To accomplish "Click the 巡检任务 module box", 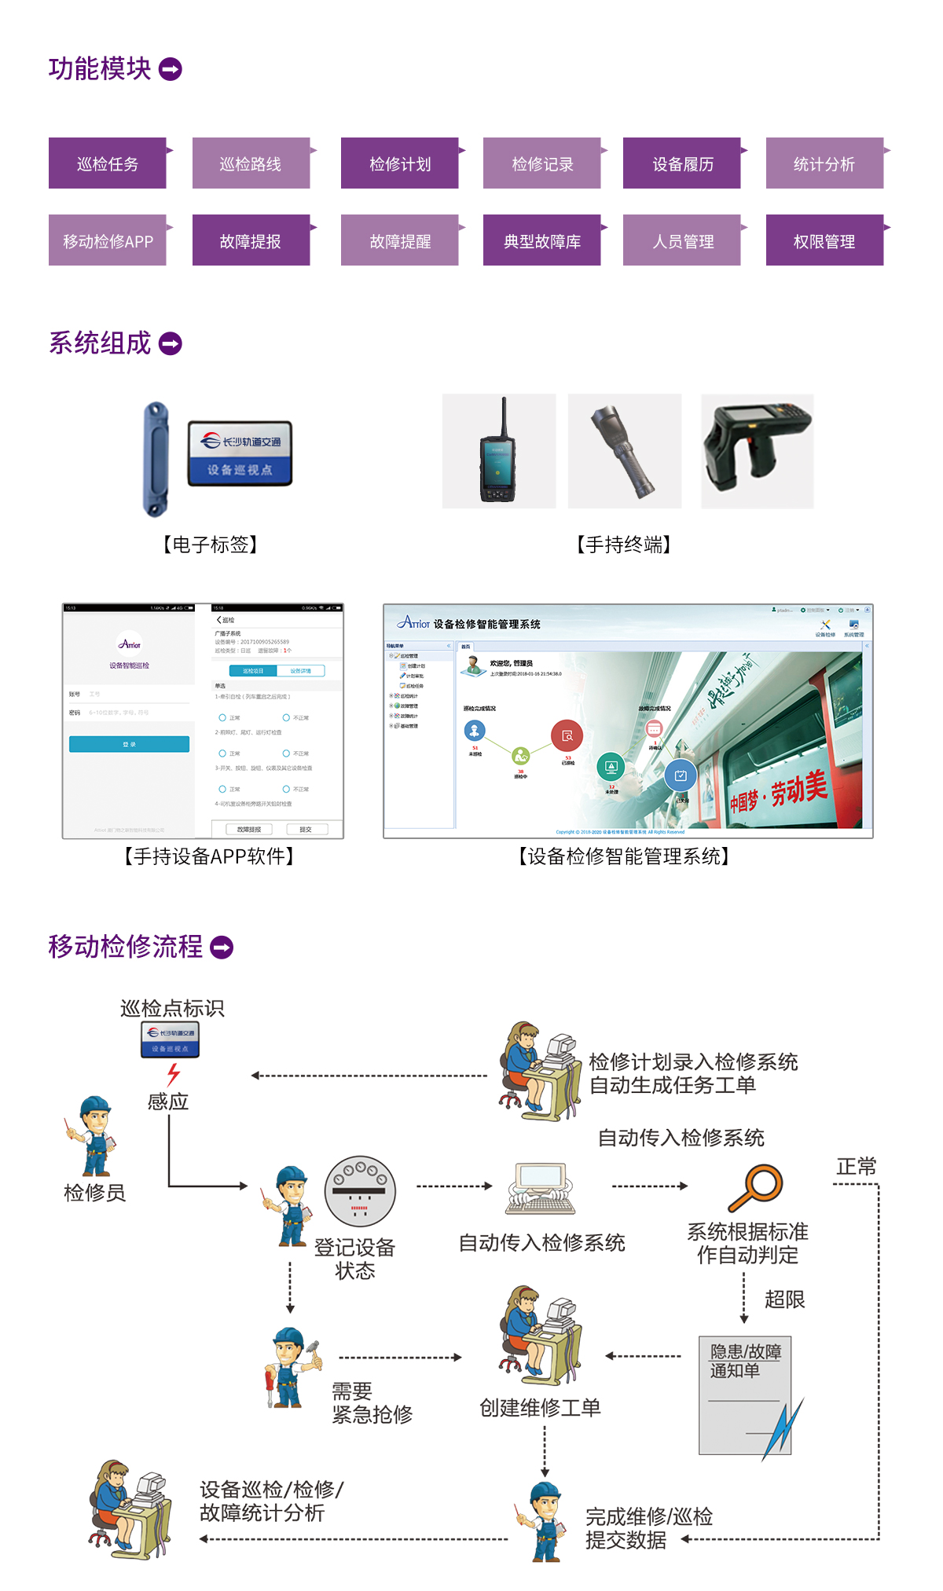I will (x=108, y=163).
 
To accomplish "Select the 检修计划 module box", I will (x=400, y=163).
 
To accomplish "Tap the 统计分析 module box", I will (x=824, y=163).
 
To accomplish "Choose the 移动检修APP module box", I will (x=108, y=240).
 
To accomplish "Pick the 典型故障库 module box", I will (x=542, y=240).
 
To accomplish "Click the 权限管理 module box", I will (x=824, y=240).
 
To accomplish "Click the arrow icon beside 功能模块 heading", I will (x=171, y=69).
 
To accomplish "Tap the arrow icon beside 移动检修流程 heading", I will (x=222, y=948).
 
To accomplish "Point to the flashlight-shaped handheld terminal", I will (x=625, y=451).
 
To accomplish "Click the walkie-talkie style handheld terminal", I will (x=499, y=451).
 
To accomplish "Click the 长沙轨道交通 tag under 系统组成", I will (x=240, y=453).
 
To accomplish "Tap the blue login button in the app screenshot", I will (x=129, y=744).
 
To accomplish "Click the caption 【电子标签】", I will (x=210, y=544).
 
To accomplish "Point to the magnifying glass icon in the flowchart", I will (x=756, y=1187).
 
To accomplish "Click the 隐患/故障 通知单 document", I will (x=745, y=1395).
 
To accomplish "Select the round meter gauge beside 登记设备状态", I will (x=360, y=1190).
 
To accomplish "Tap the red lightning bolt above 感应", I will (x=174, y=1074).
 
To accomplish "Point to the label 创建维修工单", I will (x=540, y=1407).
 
